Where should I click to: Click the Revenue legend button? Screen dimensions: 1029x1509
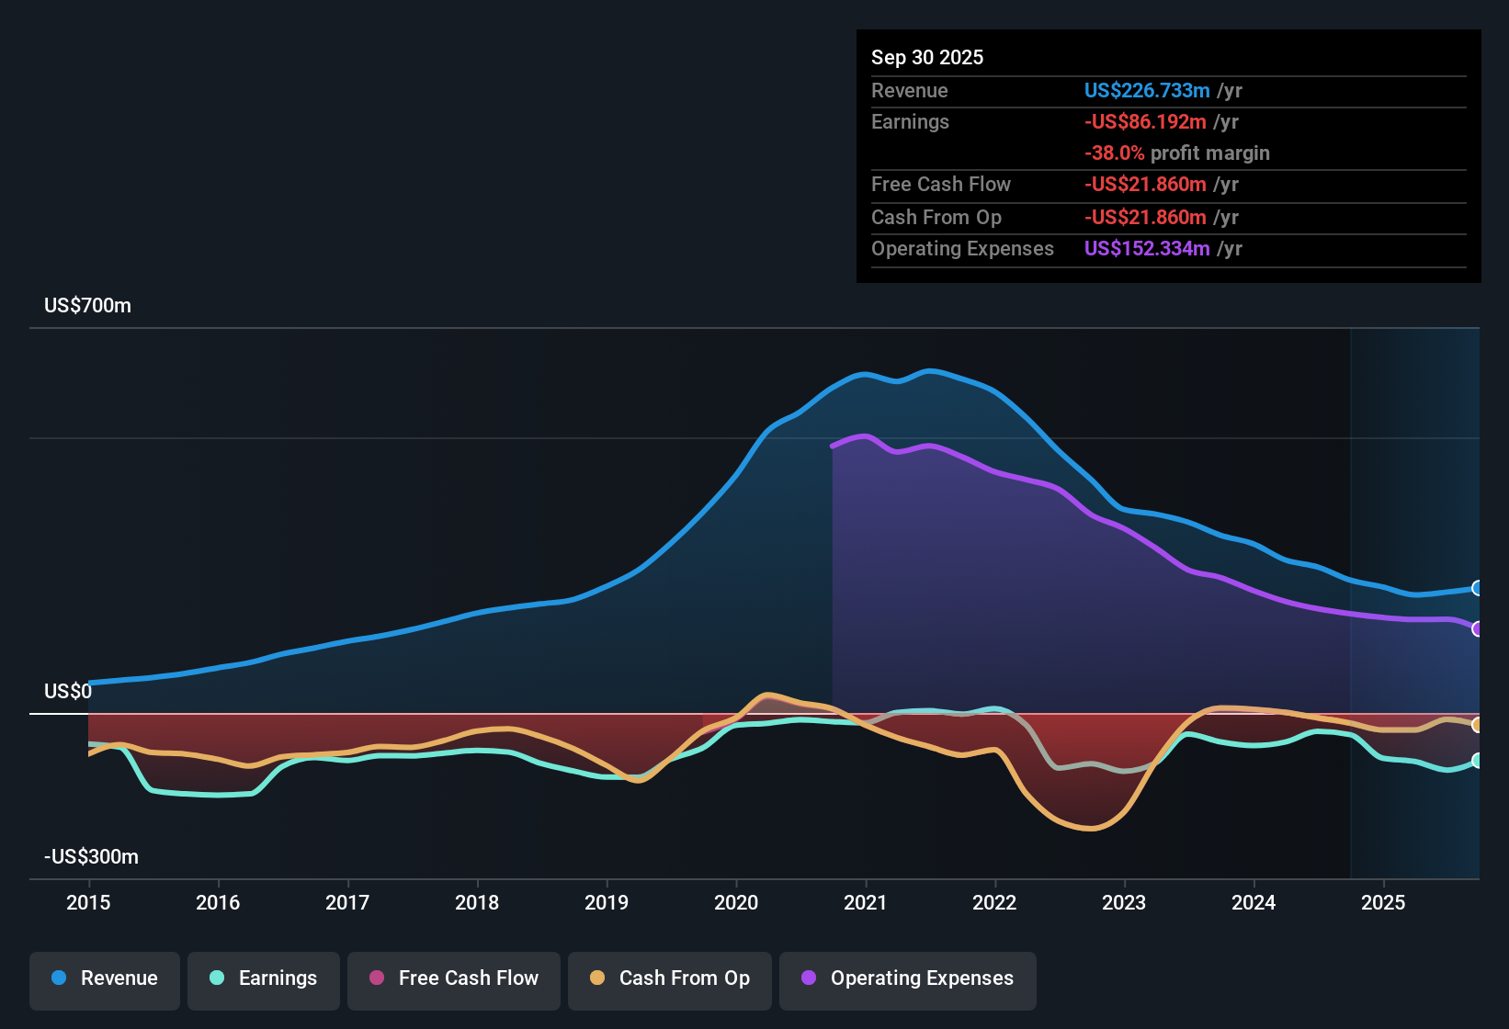pyautogui.click(x=105, y=978)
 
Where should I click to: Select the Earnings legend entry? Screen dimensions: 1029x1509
pyautogui.click(x=264, y=978)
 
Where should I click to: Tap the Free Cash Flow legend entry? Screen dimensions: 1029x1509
pyautogui.click(x=454, y=978)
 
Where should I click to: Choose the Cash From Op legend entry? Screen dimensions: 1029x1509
pyautogui.click(x=670, y=978)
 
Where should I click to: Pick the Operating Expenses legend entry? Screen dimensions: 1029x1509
pyautogui.click(x=908, y=978)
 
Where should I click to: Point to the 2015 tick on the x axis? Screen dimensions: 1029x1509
pyautogui.click(x=88, y=902)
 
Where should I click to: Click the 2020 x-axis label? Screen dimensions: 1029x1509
pyautogui.click(x=736, y=902)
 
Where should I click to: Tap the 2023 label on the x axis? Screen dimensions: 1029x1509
pyautogui.click(x=1124, y=902)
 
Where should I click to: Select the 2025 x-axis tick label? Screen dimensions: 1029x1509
pyautogui.click(x=1383, y=902)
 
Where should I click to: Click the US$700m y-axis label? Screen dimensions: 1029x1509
pyautogui.click(x=87, y=305)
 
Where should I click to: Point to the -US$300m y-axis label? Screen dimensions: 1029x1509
pyautogui.click(x=91, y=856)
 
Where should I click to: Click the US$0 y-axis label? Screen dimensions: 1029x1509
pyautogui.click(x=68, y=691)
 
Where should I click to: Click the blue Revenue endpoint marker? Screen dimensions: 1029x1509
pyautogui.click(x=1477, y=588)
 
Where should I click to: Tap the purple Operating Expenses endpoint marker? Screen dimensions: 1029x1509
pyautogui.click(x=1477, y=629)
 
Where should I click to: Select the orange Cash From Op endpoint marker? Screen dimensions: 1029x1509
pyautogui.click(x=1477, y=725)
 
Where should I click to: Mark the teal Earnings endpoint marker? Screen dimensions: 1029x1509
pyautogui.click(x=1477, y=761)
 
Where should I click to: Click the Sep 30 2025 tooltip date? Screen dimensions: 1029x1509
pyautogui.click(x=926, y=57)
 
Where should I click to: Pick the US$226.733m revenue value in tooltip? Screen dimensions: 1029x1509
pyautogui.click(x=1146, y=90)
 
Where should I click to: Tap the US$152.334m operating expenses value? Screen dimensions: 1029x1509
pyautogui.click(x=1146, y=248)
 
